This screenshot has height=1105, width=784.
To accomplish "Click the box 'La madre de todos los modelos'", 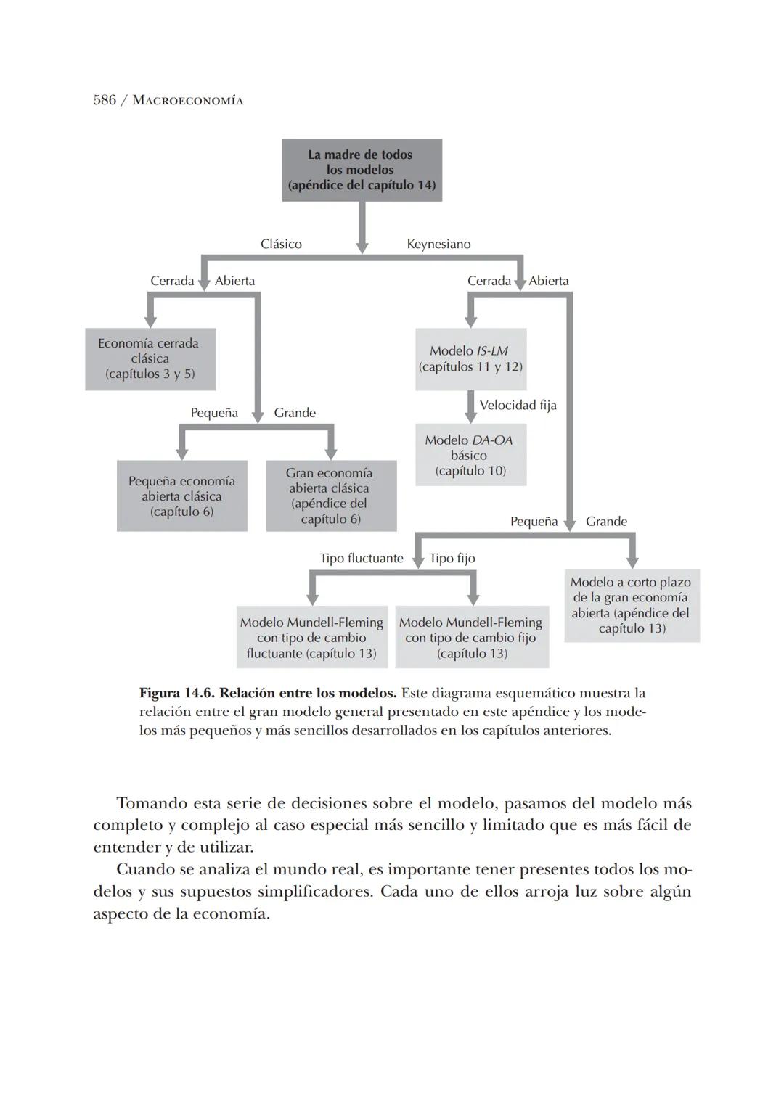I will tap(362, 170).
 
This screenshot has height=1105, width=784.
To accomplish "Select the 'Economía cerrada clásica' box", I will tap(150, 359).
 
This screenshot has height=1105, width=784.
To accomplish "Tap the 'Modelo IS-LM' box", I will tap(470, 359).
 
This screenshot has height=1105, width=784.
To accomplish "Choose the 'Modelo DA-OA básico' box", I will tap(470, 455).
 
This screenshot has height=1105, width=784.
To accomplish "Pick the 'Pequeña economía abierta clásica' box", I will tap(181, 496).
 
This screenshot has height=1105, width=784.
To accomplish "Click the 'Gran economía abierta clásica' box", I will tap(330, 496).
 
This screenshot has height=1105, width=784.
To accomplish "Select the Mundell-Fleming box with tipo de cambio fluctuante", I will tap(311, 638).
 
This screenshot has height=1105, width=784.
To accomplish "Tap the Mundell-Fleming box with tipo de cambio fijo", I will tap(471, 638).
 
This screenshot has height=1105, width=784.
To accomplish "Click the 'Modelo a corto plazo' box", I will tap(631, 605).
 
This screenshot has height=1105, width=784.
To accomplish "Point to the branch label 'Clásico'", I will tap(281, 245).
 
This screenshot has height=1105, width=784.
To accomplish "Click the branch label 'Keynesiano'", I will tap(438, 245).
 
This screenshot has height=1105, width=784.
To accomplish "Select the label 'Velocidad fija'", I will tap(518, 405).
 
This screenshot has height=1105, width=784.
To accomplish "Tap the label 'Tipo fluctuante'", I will tap(362, 559).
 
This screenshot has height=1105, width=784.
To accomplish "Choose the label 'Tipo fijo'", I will tap(452, 559).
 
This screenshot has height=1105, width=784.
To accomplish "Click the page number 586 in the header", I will tap(105, 100).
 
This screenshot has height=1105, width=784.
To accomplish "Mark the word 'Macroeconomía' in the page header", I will tap(188, 101).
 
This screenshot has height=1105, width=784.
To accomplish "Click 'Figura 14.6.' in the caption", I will tap(176, 693).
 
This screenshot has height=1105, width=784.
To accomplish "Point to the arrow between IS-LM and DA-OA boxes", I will tap(470, 407).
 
